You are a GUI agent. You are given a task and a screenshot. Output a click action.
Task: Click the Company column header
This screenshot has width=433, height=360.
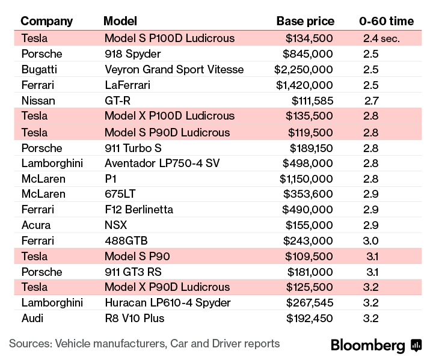46,22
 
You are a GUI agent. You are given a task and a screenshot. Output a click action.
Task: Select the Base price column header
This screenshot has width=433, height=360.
305,22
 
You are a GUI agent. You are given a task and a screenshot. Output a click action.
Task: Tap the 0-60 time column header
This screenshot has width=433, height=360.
386,22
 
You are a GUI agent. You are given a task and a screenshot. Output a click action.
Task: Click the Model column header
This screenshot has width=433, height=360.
120,22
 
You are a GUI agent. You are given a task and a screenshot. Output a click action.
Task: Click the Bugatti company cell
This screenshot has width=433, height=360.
39,69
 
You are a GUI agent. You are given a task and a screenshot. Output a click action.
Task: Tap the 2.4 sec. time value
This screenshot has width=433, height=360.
381,38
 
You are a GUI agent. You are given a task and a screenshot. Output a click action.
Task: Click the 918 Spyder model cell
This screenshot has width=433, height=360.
134,53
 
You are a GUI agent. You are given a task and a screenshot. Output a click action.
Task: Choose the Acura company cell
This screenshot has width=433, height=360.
36,225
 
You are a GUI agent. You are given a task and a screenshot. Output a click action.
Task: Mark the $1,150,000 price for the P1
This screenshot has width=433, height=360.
306,178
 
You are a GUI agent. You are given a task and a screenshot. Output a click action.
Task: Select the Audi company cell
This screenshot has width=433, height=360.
33,318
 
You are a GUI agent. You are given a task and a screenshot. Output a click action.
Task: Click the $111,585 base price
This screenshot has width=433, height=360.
312,100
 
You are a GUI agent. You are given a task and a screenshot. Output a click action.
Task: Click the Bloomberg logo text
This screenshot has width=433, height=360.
368,346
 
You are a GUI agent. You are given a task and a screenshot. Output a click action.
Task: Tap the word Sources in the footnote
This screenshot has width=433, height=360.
29,344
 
